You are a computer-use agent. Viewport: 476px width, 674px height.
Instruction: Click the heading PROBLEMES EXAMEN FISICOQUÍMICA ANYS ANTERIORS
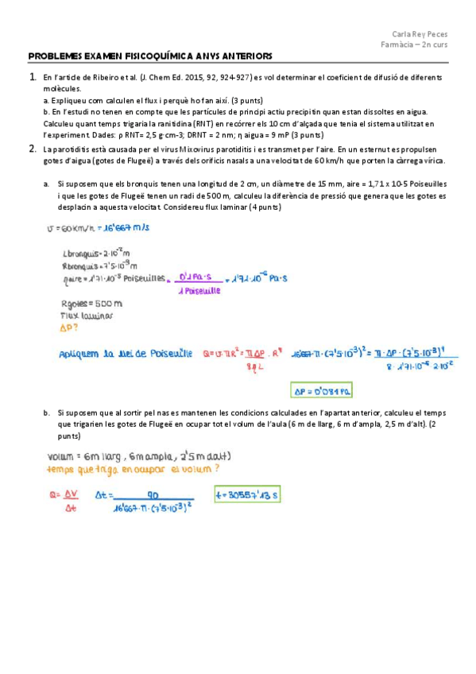pos(150,56)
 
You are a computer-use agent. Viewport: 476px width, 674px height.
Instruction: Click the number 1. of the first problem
pos(33,77)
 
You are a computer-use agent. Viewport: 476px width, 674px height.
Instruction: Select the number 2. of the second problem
pos(33,148)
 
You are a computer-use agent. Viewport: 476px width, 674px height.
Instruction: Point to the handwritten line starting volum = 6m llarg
pos(138,456)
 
